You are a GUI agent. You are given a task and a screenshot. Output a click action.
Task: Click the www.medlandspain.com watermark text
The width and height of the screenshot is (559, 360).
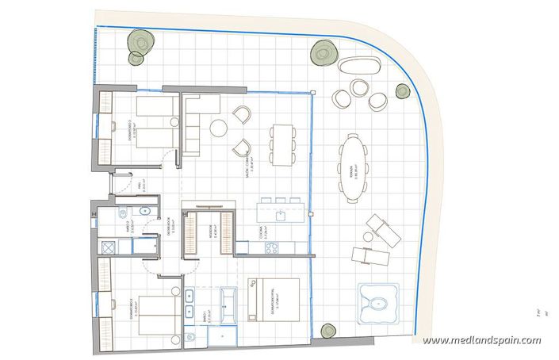[x=482, y=341]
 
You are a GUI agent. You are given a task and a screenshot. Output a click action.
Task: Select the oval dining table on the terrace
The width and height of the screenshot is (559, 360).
[x=354, y=162]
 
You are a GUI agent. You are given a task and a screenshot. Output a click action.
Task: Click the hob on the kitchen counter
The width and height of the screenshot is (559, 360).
[x=270, y=247]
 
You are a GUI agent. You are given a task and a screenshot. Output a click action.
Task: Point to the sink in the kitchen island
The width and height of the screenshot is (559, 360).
[x=280, y=215]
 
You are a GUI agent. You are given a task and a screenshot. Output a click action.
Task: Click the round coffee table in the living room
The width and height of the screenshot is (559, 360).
[x=218, y=128]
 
